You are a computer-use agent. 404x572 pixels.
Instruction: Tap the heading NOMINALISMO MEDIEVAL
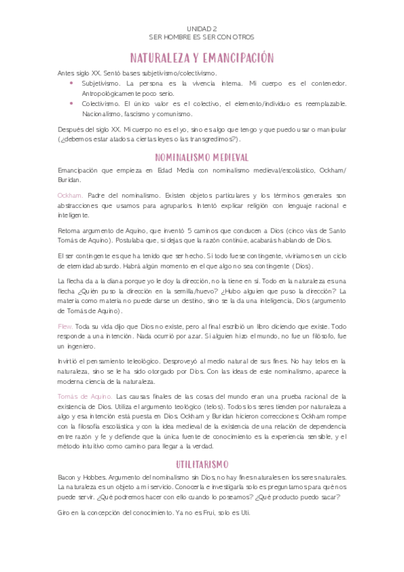click(202, 157)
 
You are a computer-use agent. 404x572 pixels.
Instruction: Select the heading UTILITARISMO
click(202, 464)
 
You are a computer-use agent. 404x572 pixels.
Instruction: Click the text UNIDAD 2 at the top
click(202, 28)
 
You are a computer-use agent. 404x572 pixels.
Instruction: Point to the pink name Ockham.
click(71, 194)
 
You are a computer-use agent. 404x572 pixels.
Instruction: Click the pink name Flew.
click(65, 326)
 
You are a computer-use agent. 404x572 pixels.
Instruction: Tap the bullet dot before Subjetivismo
click(72, 83)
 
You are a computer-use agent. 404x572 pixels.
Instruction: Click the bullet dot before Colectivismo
click(72, 103)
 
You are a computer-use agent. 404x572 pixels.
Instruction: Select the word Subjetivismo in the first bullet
click(100, 83)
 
